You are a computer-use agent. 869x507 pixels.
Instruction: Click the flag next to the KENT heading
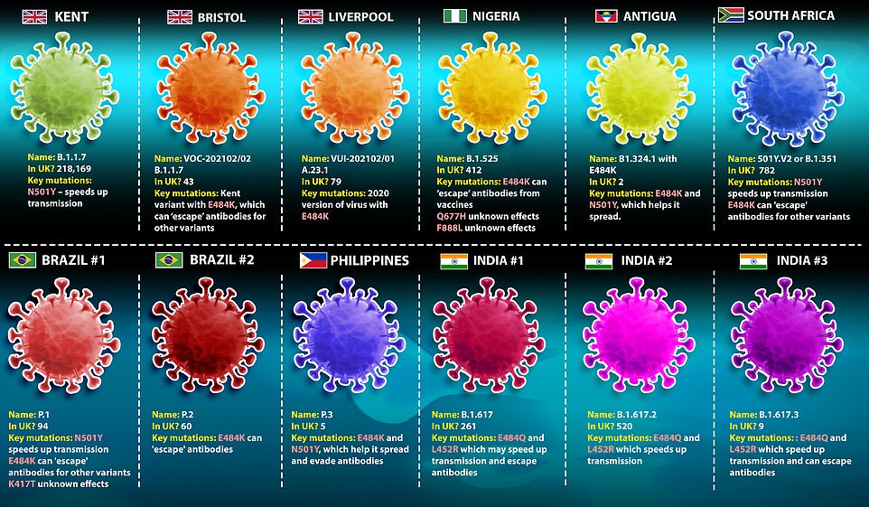tap(35, 16)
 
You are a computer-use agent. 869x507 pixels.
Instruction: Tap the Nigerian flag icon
tap(455, 16)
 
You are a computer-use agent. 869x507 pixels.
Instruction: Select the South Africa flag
tap(731, 15)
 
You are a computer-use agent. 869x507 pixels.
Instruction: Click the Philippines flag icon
tap(312, 260)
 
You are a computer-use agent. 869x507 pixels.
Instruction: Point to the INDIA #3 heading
tap(802, 261)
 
